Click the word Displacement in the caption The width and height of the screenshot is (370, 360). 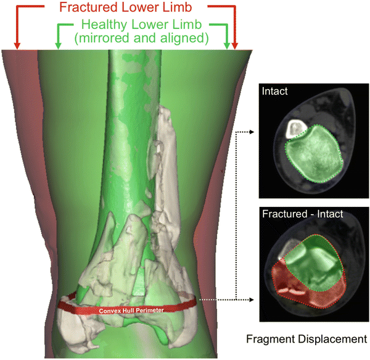click(332, 339)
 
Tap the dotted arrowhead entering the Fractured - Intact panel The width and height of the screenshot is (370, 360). click(253, 301)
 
